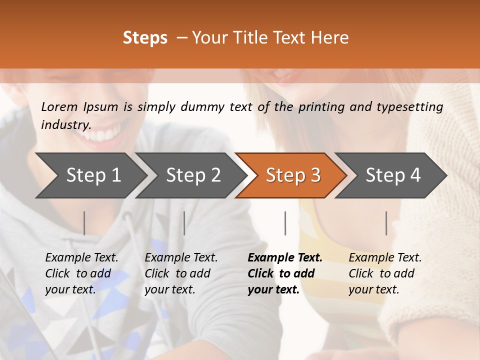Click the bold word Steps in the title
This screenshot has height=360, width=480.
click(x=145, y=38)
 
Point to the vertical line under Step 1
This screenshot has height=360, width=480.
click(x=84, y=223)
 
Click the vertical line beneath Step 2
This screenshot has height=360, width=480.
click(x=184, y=223)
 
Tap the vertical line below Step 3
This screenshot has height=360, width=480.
click(x=285, y=223)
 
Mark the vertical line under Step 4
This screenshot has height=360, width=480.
click(x=386, y=223)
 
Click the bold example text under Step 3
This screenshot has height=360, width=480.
click(x=284, y=273)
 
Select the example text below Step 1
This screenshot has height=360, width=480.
click(x=81, y=273)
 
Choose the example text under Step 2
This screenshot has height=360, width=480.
click(x=180, y=273)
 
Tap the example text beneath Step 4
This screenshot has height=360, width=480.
click(x=384, y=273)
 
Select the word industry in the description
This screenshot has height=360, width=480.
click(x=65, y=124)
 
